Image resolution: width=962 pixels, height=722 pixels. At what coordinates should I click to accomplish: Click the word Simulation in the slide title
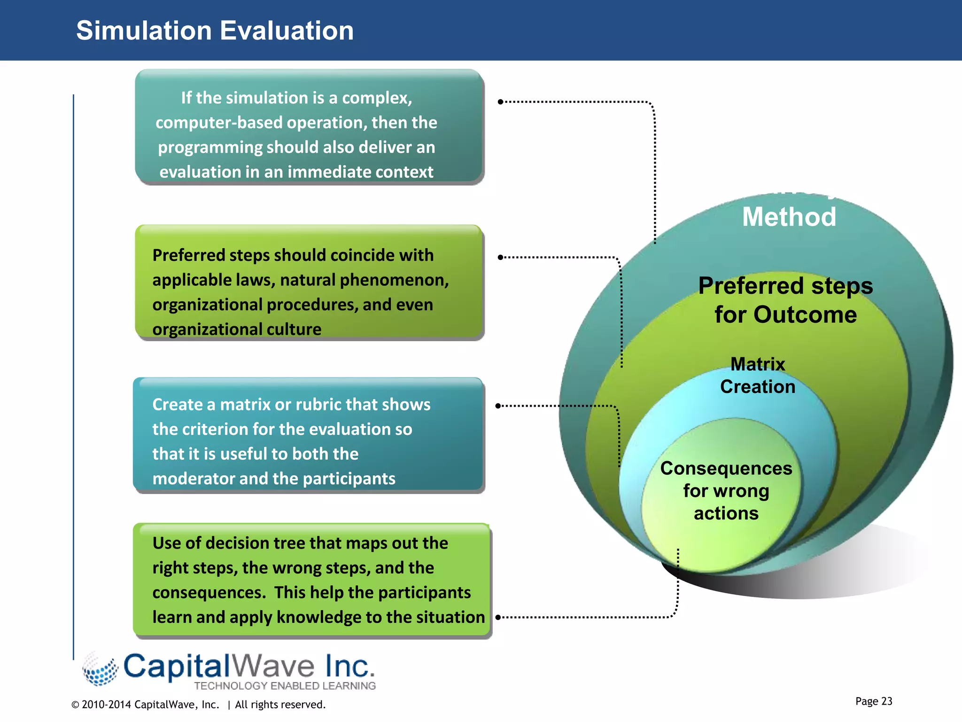[x=144, y=31]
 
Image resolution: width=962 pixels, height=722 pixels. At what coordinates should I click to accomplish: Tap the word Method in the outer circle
[x=789, y=217]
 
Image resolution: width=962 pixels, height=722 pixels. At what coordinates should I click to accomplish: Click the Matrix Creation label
[x=757, y=376]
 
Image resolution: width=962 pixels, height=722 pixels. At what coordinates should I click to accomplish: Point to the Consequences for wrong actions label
[x=726, y=491]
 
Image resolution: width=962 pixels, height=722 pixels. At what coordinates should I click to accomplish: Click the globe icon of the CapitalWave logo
[x=100, y=669]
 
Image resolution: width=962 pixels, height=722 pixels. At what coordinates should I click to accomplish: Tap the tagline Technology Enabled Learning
[x=285, y=686]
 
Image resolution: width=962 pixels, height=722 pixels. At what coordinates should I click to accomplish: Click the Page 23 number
[x=873, y=701]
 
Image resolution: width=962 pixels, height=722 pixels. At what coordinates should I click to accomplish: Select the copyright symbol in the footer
[x=75, y=705]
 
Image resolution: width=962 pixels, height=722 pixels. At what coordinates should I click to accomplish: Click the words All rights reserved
[x=280, y=705]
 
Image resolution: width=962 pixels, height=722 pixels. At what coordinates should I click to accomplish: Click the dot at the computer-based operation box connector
[x=500, y=102]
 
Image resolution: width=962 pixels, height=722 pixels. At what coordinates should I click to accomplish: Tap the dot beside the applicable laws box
[x=500, y=257]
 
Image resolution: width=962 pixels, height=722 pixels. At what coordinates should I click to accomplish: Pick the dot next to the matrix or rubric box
[x=498, y=406]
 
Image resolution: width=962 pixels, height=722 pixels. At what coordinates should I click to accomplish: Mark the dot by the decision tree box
[x=498, y=617]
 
